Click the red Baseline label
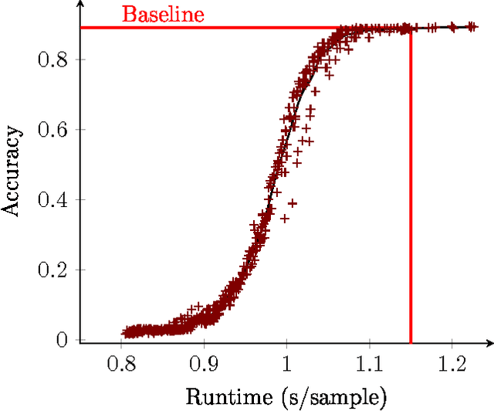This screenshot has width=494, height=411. tap(163, 14)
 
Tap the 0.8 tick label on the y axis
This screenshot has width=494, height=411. tap(54, 59)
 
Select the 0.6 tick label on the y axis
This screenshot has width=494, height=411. tap(54, 129)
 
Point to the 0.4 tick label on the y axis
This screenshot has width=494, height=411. tap(54, 199)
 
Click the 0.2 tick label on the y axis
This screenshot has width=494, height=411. tap(54, 270)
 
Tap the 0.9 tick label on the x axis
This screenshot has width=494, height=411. tap(204, 362)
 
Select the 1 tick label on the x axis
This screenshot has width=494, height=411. tap(286, 362)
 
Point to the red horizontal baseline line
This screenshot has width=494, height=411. tap(232, 28)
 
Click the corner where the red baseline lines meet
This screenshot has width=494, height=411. tap(410, 28)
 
